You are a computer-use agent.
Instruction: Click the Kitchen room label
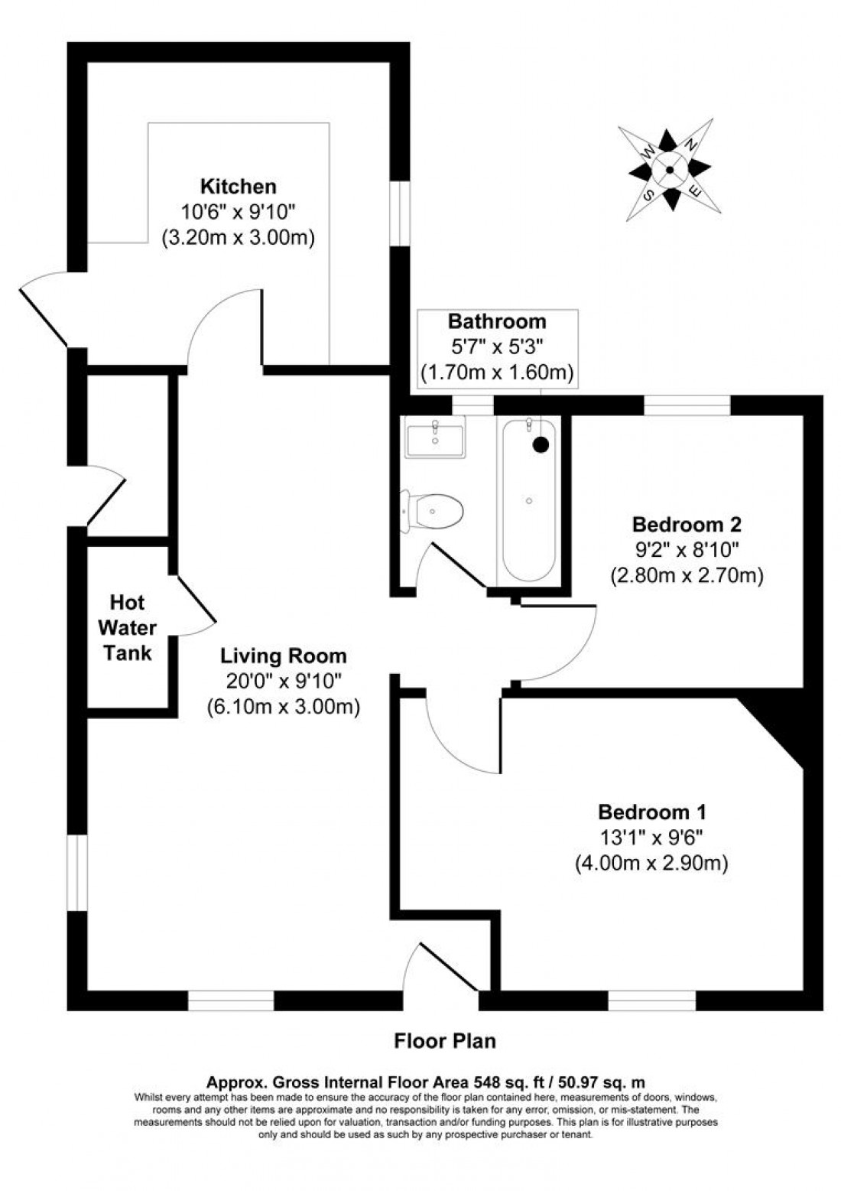(238, 187)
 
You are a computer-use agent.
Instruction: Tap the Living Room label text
(284, 656)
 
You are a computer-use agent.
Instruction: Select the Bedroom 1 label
(651, 812)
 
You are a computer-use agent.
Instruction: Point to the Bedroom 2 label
(687, 525)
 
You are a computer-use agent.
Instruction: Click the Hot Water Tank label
(128, 628)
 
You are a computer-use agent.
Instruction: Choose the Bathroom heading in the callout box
(497, 321)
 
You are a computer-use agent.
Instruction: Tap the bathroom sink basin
(435, 439)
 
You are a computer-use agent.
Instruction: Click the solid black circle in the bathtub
(541, 443)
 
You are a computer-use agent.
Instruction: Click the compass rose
(670, 170)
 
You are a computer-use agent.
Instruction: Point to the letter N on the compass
(690, 145)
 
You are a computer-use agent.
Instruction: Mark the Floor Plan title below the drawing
(445, 1040)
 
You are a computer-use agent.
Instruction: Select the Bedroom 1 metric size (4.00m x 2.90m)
(651, 864)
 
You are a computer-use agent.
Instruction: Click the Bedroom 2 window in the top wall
(687, 405)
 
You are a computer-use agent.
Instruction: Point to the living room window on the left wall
(76, 873)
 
